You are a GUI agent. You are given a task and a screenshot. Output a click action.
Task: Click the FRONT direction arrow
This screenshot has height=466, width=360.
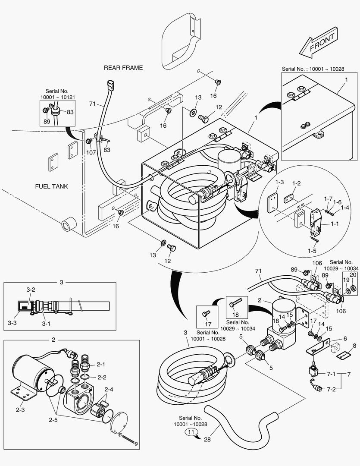pyautogui.click(x=318, y=45)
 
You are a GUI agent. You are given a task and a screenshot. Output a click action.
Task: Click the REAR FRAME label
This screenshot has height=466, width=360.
pyautogui.click(x=123, y=68)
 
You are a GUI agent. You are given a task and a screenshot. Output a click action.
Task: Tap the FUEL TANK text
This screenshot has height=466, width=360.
pyautogui.click(x=51, y=186)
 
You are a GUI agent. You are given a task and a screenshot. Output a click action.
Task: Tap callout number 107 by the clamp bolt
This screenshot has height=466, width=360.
pyautogui.click(x=91, y=152)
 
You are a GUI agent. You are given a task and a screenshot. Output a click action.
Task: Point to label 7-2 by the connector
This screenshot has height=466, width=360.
pyautogui.click(x=331, y=389)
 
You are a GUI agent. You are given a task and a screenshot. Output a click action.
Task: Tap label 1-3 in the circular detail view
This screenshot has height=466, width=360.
pyautogui.click(x=279, y=183)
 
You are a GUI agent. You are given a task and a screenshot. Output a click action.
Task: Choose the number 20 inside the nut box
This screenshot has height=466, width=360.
pyautogui.click(x=352, y=275)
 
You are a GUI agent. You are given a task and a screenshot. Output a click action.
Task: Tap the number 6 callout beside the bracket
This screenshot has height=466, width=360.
pyautogui.click(x=345, y=339)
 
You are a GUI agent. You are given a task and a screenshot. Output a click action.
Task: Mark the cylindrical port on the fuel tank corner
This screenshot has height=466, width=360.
pyautogui.click(x=68, y=225)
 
